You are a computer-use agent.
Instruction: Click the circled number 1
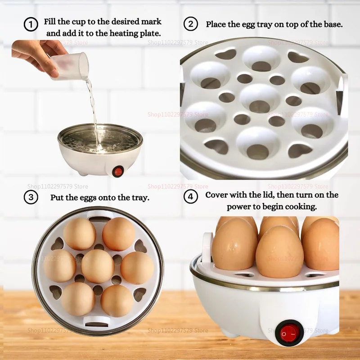tap(31, 24)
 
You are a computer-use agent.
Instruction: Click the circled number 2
tap(191, 24)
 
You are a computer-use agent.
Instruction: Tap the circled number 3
tap(31, 197)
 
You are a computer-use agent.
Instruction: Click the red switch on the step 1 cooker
tap(118, 171)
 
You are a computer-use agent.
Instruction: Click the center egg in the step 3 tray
tap(98, 266)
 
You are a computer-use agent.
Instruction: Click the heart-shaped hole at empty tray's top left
tap(225, 54)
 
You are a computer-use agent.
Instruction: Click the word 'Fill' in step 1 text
tap(52, 22)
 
